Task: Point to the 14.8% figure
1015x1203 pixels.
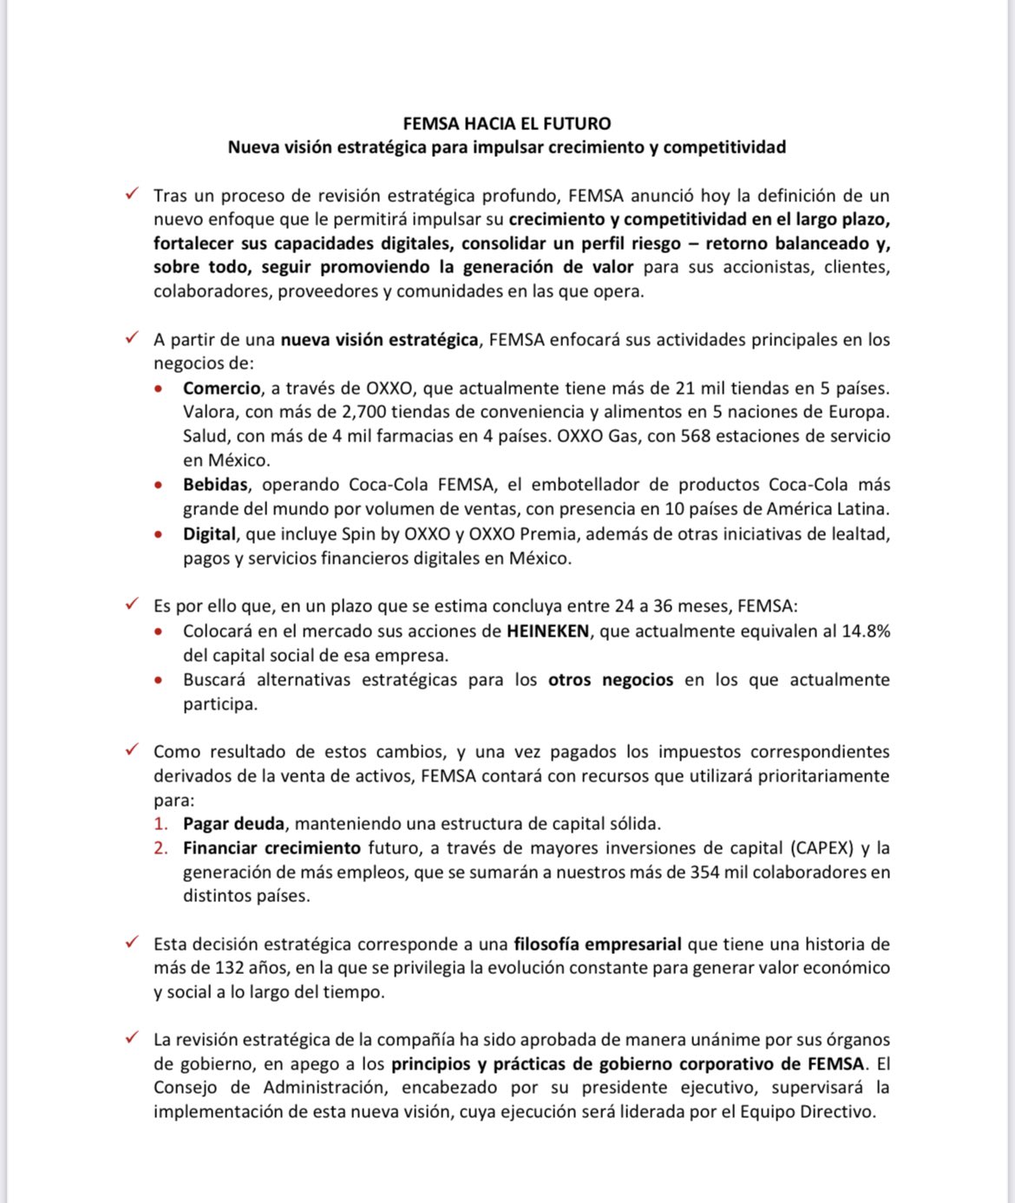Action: click(866, 631)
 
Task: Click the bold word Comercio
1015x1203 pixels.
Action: click(221, 388)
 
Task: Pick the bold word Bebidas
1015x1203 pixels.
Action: click(215, 485)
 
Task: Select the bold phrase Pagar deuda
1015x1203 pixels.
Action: click(232, 824)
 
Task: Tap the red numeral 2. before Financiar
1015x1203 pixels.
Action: click(161, 848)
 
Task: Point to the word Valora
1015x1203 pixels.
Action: click(207, 412)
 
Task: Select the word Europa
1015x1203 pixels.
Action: click(862, 412)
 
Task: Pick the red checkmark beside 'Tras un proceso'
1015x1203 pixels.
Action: click(133, 194)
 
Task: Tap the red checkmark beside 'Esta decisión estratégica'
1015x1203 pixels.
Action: click(133, 942)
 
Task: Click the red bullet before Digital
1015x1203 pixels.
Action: click(158, 534)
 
